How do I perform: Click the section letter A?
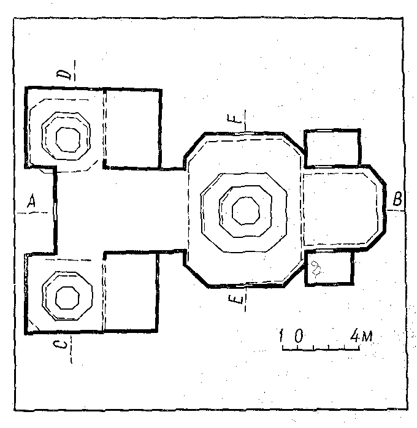coord(32,201)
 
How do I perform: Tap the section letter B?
coord(397,199)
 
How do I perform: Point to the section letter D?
coord(64,74)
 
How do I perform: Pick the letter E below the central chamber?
coord(235,299)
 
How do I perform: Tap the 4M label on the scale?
coord(361,336)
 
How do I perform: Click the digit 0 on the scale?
coord(299,335)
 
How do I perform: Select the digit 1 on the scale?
coord(281,335)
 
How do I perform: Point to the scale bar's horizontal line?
coord(321,349)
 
